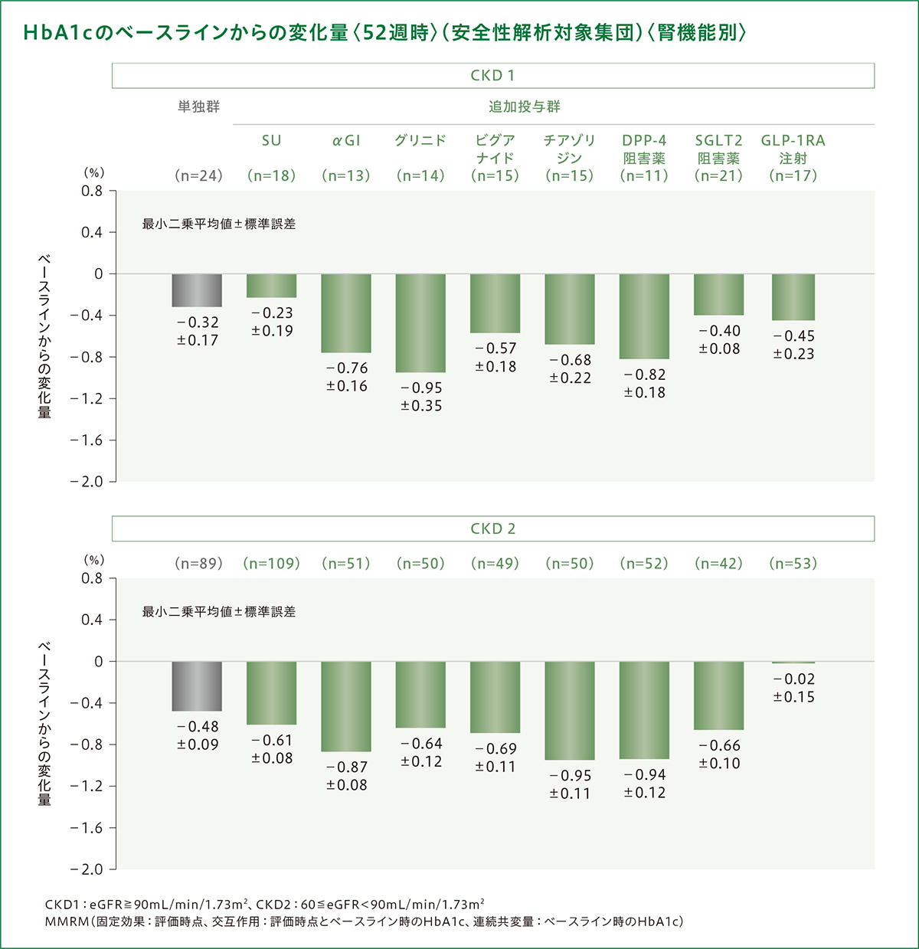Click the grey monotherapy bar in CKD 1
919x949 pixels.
197,290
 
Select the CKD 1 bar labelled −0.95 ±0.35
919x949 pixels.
420,322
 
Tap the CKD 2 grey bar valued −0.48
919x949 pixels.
197,686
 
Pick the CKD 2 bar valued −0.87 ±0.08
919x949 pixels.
346,705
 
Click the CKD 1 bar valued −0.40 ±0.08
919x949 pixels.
718,294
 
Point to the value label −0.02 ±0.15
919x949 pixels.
793,688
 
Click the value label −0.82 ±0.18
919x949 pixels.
644,384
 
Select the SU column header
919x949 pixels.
272,141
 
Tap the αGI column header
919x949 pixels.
346,141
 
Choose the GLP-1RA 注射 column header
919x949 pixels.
793,149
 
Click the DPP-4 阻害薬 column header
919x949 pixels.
644,149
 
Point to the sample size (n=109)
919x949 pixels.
272,564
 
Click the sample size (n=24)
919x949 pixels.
198,175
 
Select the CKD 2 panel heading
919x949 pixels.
492,528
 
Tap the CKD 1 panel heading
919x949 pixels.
492,75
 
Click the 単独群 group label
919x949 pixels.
198,107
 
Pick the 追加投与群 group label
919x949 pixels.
525,107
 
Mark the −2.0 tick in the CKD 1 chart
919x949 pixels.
86,482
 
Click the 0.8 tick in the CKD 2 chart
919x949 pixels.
92,578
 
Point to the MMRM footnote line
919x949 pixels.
364,921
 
